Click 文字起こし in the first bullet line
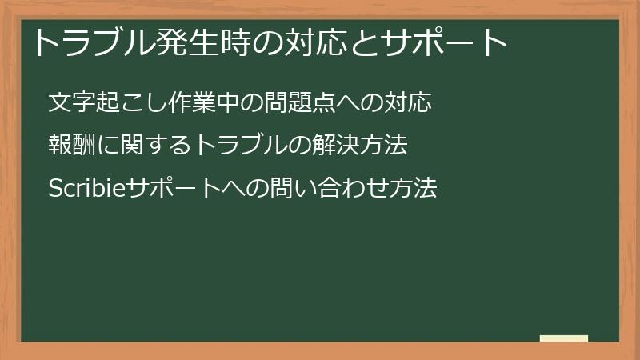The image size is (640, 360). (97, 103)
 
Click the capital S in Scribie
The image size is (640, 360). (54, 190)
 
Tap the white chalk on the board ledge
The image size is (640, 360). (564, 338)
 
